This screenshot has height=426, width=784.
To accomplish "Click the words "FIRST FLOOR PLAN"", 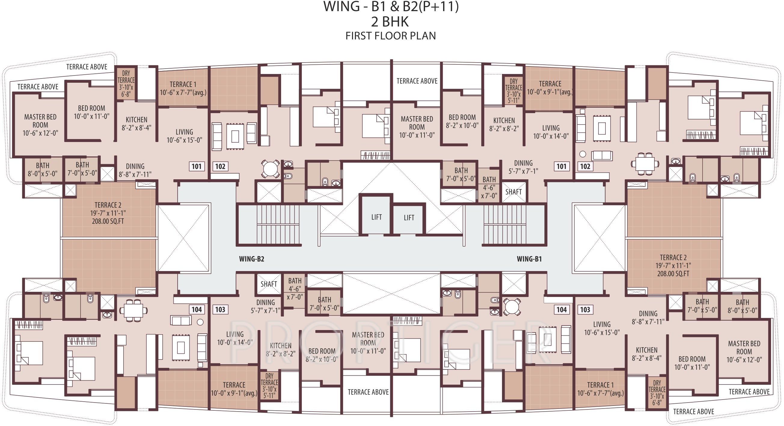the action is point(390,36).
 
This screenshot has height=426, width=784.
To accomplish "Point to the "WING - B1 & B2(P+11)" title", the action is point(391,7).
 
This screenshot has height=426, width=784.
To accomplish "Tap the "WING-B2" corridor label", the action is point(251,259).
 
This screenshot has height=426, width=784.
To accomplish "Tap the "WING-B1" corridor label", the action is point(529,259).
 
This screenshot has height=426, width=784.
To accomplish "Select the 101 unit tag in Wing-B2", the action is point(197,166).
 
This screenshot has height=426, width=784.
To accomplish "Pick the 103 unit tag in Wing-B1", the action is point(585,310).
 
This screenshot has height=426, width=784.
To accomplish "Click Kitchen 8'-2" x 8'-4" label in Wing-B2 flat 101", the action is point(136,124).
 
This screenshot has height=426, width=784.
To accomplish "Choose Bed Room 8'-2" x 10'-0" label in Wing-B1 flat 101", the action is point(462,121).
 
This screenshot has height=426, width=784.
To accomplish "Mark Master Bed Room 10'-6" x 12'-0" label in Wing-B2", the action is point(40,125).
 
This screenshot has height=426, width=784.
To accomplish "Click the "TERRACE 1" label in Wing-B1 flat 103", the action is point(601,385).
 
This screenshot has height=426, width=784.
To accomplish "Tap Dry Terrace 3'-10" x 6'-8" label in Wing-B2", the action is point(126,84).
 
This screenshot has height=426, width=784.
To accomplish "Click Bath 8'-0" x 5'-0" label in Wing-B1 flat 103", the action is point(742,306).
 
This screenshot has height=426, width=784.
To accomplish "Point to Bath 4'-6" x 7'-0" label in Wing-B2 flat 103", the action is point(295,289).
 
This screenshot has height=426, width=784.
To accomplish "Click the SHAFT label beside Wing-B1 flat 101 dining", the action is point(513,192).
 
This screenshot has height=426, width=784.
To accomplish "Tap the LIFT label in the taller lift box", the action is point(376,217).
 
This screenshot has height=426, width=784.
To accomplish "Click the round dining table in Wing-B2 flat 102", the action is point(270,168).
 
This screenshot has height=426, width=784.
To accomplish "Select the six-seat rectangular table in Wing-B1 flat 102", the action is point(645,164).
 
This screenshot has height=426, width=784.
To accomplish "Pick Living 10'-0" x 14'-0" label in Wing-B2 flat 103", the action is point(235,338).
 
